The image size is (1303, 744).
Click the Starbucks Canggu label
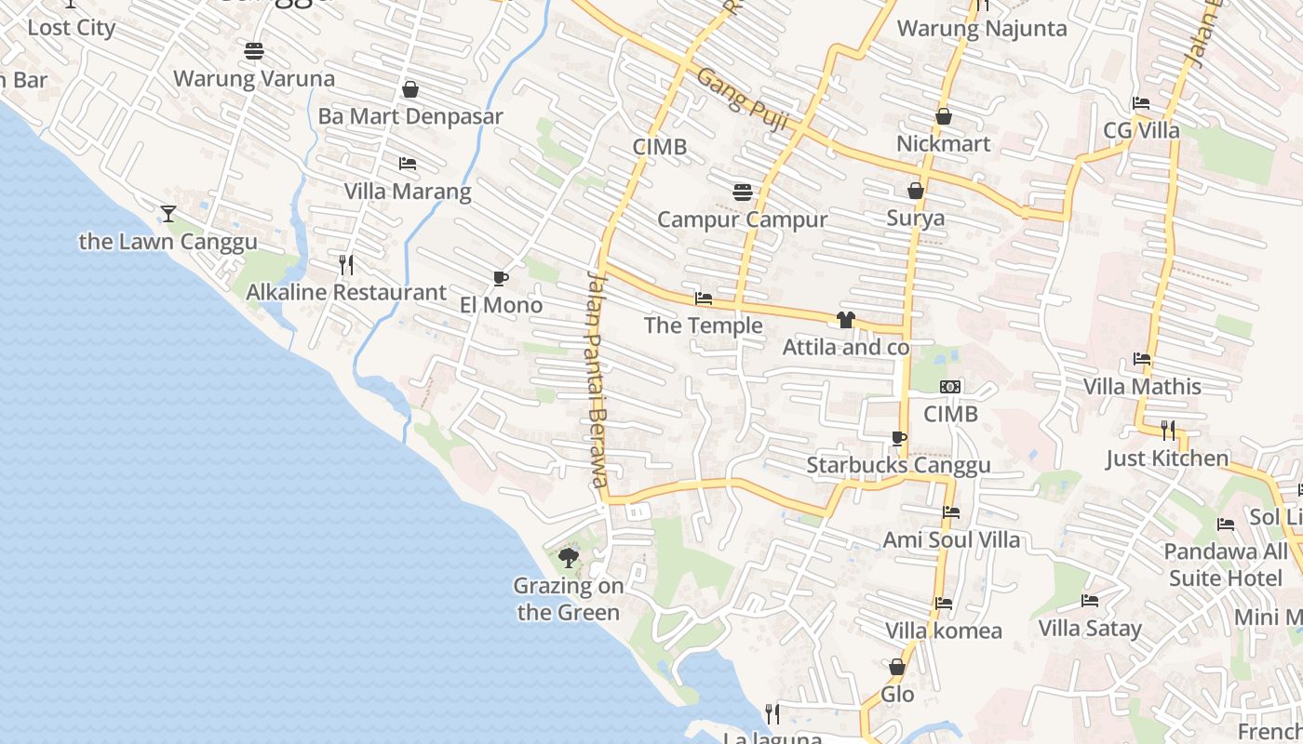(x=898, y=465)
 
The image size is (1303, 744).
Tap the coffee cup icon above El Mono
(x=501, y=278)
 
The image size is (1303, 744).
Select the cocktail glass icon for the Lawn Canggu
(x=168, y=214)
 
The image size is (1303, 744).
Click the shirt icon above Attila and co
(x=845, y=320)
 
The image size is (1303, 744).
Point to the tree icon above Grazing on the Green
(x=568, y=558)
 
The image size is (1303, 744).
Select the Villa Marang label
(x=408, y=192)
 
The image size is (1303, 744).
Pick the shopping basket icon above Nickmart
(x=943, y=117)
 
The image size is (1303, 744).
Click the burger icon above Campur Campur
(x=742, y=192)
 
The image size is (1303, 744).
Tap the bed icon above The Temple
(x=704, y=299)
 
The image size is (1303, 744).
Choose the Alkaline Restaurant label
(x=345, y=292)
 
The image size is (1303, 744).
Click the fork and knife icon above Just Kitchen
(x=1167, y=430)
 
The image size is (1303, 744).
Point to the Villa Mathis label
(x=1142, y=386)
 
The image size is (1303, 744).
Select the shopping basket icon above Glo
(x=897, y=667)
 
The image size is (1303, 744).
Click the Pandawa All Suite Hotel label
(x=1226, y=565)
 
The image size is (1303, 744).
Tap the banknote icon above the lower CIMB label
(x=950, y=387)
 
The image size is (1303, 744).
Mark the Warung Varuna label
(x=254, y=78)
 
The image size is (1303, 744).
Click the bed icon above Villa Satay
(x=1090, y=601)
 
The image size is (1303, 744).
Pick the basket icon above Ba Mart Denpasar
(x=410, y=89)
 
